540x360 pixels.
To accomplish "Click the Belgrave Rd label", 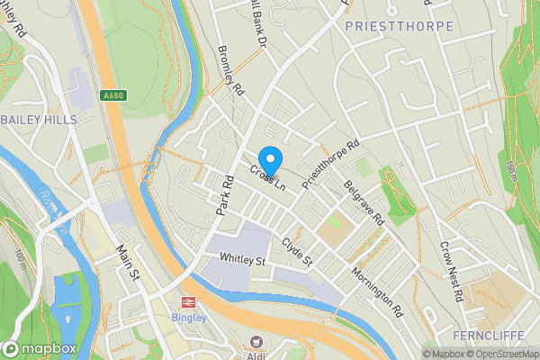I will coord(364,202).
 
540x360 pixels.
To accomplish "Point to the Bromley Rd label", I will coord(231,72).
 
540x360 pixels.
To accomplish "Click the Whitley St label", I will coord(243,260).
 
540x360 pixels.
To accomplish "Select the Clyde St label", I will coord(296,251).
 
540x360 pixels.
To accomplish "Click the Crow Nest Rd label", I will coord(451,270).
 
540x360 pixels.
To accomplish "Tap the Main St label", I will coord(130,261).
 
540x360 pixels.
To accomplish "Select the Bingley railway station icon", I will coord(190,303).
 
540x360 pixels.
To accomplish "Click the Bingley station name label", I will coord(190,318).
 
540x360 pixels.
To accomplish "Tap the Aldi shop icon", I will coord(256,341).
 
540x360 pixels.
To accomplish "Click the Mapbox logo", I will coord(40,348).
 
